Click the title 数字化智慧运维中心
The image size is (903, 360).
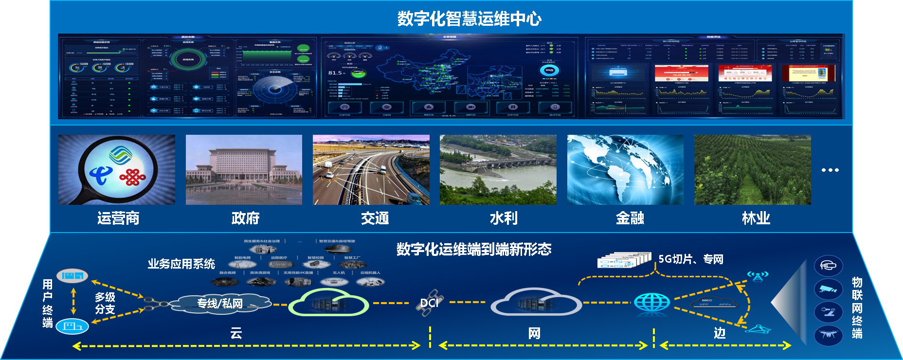(469, 19)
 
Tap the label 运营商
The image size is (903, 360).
(118, 218)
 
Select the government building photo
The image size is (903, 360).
(244, 170)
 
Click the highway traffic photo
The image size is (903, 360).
(371, 170)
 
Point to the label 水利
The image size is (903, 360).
(504, 218)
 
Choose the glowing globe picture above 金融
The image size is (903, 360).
(625, 170)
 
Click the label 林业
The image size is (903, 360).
(756, 218)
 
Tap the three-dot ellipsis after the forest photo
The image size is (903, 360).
(830, 170)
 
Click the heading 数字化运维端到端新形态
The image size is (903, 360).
(474, 250)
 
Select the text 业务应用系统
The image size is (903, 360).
(181, 264)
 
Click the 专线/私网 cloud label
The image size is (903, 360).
(220, 304)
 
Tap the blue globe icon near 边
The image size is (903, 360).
(652, 303)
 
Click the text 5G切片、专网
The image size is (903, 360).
(691, 259)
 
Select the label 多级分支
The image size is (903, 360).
(105, 303)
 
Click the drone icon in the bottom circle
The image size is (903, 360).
(828, 335)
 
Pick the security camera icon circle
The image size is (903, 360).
(828, 289)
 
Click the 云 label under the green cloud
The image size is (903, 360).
(236, 333)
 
